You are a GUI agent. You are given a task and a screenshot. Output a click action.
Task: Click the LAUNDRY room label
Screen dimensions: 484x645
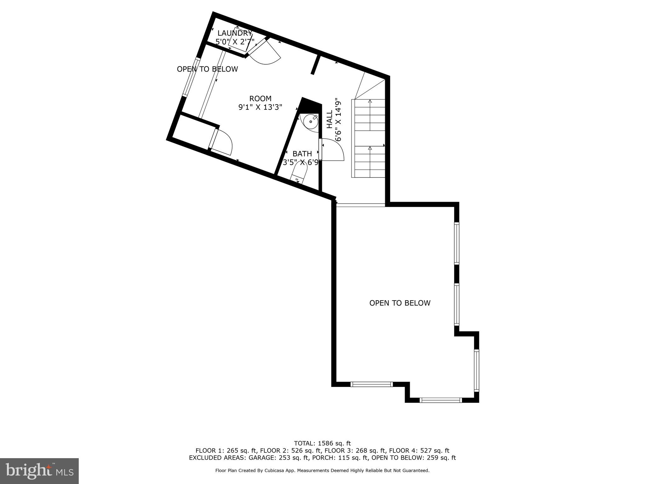tap(235, 33)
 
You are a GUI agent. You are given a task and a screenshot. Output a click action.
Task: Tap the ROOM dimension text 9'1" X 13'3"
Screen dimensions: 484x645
tap(260, 107)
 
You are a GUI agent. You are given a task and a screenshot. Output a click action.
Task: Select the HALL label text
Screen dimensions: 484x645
tap(329, 119)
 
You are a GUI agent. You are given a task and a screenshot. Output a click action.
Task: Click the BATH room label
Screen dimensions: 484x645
tap(302, 154)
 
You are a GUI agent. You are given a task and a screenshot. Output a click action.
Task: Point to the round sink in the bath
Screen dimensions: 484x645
tap(310, 122)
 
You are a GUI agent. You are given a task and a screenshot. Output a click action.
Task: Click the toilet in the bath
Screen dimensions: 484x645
tap(299, 174)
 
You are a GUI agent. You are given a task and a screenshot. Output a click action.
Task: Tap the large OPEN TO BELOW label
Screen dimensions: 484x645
tap(400, 303)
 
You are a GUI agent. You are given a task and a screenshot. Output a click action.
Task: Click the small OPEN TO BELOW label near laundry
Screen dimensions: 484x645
tap(207, 69)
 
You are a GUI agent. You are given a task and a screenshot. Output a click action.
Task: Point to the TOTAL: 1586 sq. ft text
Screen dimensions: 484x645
tap(322, 444)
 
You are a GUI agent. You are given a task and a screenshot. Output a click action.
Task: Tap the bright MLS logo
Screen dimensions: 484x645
tap(39, 471)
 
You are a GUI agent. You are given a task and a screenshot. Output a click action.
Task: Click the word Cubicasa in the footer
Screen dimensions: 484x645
tap(288, 471)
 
